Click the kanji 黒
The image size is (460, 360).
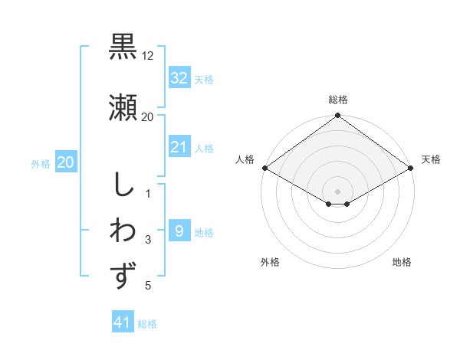point(123,46)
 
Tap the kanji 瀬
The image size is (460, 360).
point(123,106)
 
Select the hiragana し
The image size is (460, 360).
point(123,185)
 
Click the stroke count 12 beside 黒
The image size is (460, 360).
point(148,56)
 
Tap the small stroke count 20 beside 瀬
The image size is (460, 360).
point(148,117)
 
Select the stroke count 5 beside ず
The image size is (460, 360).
point(148,286)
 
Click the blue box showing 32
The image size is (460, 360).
point(179,78)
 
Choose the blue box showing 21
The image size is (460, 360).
point(179,147)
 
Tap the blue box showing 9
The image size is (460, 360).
point(179,231)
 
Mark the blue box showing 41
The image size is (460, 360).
point(123,322)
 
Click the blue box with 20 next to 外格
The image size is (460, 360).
point(66,162)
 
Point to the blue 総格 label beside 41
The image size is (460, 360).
point(147,324)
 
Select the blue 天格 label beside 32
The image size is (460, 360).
point(203,79)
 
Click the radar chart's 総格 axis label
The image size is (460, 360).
point(337,100)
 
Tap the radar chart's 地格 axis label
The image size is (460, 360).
point(402,263)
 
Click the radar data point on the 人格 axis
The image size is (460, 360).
point(264,168)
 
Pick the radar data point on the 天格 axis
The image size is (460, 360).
point(411,168)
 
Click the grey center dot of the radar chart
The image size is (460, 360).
point(337,190)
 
